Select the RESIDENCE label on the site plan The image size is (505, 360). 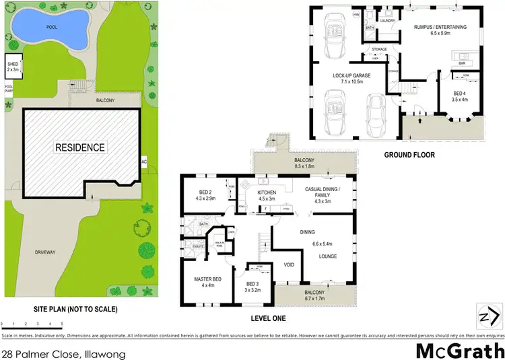(x=79, y=147)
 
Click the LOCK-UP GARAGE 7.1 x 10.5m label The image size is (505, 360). (x=347, y=78)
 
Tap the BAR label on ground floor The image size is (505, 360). (x=463, y=64)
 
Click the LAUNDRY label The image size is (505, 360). (x=387, y=21)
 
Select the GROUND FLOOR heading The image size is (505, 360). (x=409, y=155)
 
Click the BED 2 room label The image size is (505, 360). (x=207, y=196)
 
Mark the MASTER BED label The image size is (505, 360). (x=207, y=282)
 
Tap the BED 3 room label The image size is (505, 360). (x=252, y=287)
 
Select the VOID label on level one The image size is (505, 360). (x=289, y=264)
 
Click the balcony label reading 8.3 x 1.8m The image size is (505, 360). (x=304, y=164)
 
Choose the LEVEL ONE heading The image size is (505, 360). (x=267, y=318)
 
